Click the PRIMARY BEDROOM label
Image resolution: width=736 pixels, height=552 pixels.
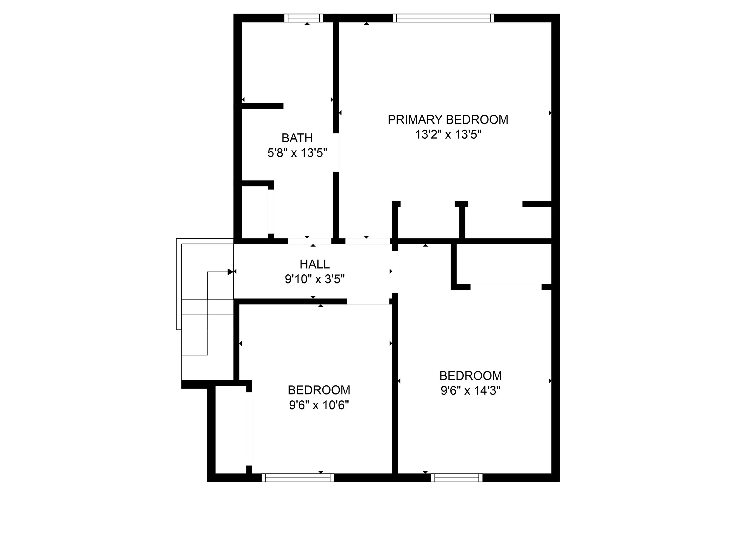pos(448,120)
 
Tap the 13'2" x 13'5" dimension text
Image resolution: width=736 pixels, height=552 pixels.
pos(448,135)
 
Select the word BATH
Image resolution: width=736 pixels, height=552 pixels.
pos(297,138)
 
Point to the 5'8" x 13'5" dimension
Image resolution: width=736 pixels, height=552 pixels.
pos(297,153)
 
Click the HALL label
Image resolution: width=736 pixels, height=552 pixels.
pos(314,264)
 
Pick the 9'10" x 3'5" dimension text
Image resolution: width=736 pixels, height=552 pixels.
pos(314,279)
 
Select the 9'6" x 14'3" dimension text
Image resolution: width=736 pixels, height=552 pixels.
pos(470,391)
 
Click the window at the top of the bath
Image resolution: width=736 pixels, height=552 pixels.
pos(304,18)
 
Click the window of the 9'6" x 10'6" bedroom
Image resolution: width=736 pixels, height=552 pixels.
pos(297,478)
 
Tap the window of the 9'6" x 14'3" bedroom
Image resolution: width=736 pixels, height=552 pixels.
pos(457,478)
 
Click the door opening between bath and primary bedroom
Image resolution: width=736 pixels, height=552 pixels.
pos(336,152)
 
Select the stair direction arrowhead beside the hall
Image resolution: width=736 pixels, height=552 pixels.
pos(230,272)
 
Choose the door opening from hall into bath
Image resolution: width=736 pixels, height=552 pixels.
pos(309,241)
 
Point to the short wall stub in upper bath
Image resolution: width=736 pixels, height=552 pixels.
pos(262,106)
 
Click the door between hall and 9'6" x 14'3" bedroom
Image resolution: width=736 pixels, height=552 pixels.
pos(395,272)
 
